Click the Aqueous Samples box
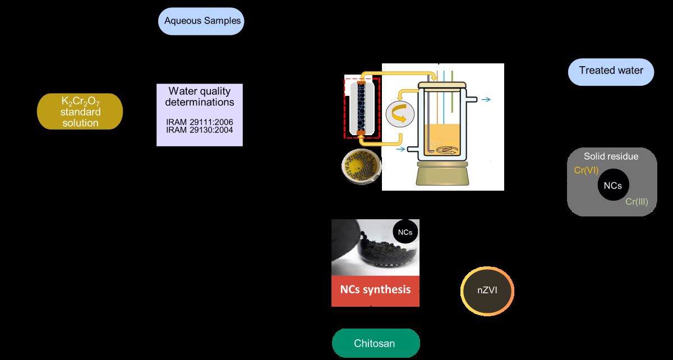click(202, 21)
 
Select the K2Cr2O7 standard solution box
click(80, 112)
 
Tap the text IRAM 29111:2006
click(200, 122)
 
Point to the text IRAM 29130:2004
click(200, 130)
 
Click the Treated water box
click(611, 71)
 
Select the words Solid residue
click(611, 156)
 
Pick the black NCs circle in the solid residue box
click(612, 186)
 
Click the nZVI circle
click(487, 290)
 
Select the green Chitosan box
click(376, 343)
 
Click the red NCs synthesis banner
click(375, 290)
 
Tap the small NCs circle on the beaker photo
click(405, 232)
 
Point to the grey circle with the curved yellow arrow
click(400, 115)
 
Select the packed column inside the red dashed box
click(362, 107)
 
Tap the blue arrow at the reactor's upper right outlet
click(486, 100)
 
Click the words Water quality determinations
click(200, 96)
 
